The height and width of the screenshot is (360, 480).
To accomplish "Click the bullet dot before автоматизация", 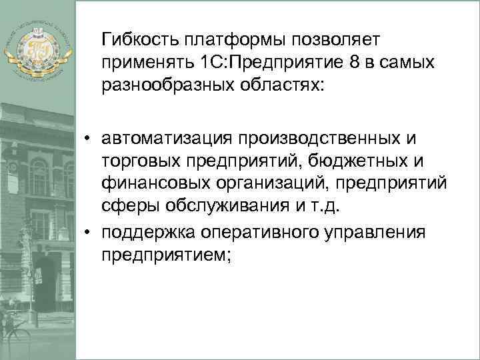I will tap(87, 138).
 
